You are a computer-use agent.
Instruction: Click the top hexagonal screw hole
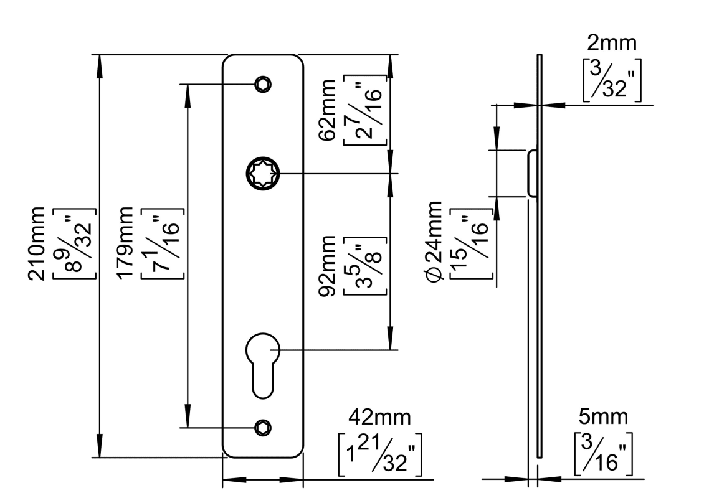(x=263, y=84)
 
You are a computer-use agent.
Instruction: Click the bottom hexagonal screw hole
(x=263, y=428)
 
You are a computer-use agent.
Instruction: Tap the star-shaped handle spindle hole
(x=263, y=173)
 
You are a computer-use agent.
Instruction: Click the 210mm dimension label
(x=37, y=243)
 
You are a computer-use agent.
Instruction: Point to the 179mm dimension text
(x=125, y=243)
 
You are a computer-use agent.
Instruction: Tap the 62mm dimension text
(x=326, y=110)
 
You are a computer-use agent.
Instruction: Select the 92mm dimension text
(x=326, y=266)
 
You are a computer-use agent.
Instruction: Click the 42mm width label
(x=379, y=417)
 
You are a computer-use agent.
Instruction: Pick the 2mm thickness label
(x=612, y=43)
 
